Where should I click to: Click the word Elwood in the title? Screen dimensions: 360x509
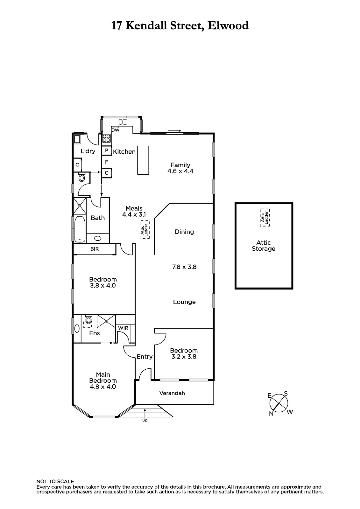tap(228, 26)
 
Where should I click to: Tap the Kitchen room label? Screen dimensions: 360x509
tap(124, 152)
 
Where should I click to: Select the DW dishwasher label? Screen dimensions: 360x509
tap(116, 130)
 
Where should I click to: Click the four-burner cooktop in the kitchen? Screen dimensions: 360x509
tap(107, 138)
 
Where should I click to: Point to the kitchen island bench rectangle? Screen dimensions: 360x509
tap(143, 160)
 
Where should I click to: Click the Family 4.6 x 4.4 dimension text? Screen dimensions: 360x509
tap(180, 171)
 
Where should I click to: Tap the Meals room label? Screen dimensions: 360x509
tap(134, 208)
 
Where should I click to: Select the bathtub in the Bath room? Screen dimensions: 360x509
tap(80, 229)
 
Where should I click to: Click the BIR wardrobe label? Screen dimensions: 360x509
tap(95, 249)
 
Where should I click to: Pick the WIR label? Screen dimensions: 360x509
tap(123, 328)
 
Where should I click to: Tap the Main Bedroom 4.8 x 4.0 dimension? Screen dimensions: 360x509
tap(103, 387)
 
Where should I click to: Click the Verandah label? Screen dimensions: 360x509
tap(172, 393)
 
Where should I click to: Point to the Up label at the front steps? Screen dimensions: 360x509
tap(145, 420)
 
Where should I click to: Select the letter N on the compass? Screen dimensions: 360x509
tap(271, 414)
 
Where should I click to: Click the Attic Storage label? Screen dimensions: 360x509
tap(263, 246)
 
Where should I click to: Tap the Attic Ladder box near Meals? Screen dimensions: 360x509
tap(145, 229)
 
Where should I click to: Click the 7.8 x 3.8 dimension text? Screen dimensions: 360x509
tap(184, 267)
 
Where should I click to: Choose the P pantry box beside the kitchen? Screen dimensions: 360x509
tap(106, 150)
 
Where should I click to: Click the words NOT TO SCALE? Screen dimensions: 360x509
tap(55, 482)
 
